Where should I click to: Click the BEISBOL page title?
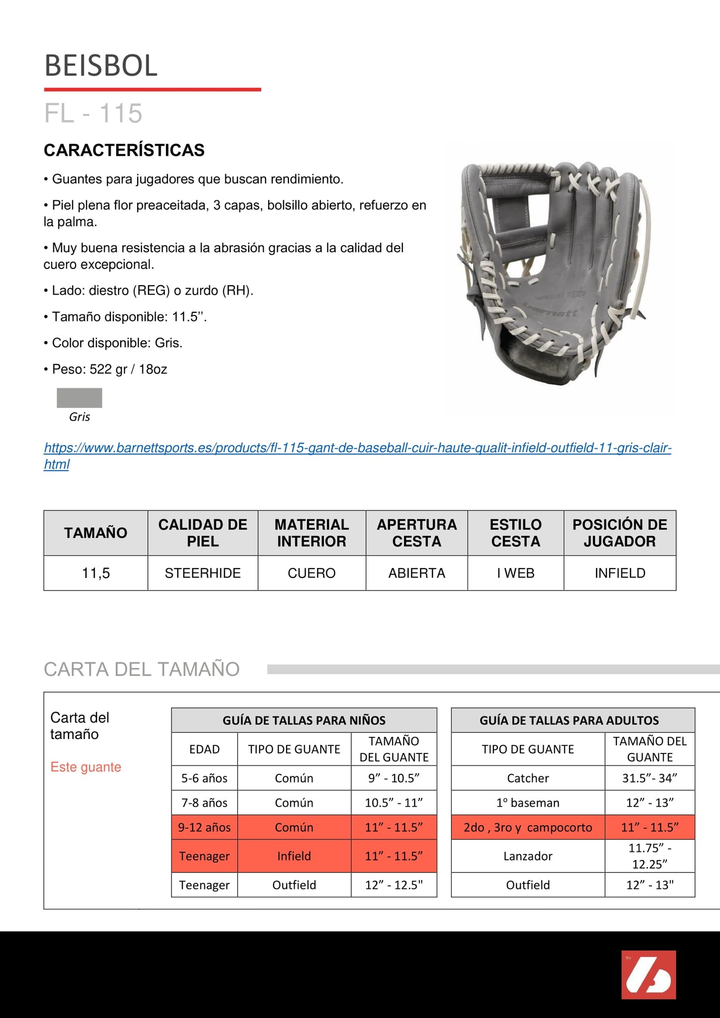coord(101,65)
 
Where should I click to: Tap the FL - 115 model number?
coord(93,114)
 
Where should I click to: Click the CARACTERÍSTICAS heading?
coord(124,150)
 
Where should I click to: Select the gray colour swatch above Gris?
coord(79,398)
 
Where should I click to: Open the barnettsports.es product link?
coord(357,448)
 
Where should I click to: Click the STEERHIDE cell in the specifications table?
coord(203,573)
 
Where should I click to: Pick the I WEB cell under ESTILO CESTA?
coord(516,573)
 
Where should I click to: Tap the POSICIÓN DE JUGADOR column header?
coord(620,533)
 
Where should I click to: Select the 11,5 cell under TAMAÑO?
coord(96,573)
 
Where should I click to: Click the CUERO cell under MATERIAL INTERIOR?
coord(311,573)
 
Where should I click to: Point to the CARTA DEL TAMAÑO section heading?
coord(142,669)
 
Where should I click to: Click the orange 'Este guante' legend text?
coord(86,767)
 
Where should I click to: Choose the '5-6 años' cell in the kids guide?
coord(204,778)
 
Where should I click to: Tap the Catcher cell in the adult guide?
coord(528,778)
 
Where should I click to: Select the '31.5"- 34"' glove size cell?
coord(650,778)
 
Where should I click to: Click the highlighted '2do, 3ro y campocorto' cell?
coord(528,827)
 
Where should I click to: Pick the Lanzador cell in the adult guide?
coord(528,856)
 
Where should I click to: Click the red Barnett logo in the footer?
coord(648,975)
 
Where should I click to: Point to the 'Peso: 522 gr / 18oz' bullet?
coord(109,369)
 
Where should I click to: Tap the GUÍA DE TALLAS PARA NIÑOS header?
coord(304,720)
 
